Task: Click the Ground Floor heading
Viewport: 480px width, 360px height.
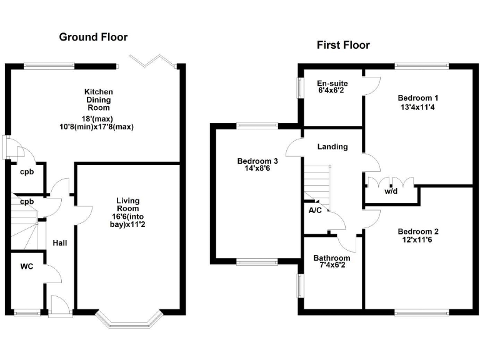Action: (x=94, y=37)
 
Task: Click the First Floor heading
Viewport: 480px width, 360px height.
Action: (x=342, y=45)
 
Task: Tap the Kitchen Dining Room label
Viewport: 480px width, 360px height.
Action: (x=99, y=100)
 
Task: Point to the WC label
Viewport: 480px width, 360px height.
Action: (x=27, y=267)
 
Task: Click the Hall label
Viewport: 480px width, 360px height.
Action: (x=60, y=243)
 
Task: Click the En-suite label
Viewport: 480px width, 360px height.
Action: (x=332, y=83)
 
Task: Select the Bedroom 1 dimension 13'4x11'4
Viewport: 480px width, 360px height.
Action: (x=418, y=107)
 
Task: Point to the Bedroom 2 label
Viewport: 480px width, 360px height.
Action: (x=418, y=231)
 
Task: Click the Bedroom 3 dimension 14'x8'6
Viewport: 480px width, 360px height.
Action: (x=257, y=169)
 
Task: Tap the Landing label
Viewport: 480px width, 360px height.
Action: (x=332, y=147)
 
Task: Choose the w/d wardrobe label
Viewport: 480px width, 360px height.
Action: (x=391, y=192)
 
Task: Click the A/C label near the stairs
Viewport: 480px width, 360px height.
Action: (x=315, y=211)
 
